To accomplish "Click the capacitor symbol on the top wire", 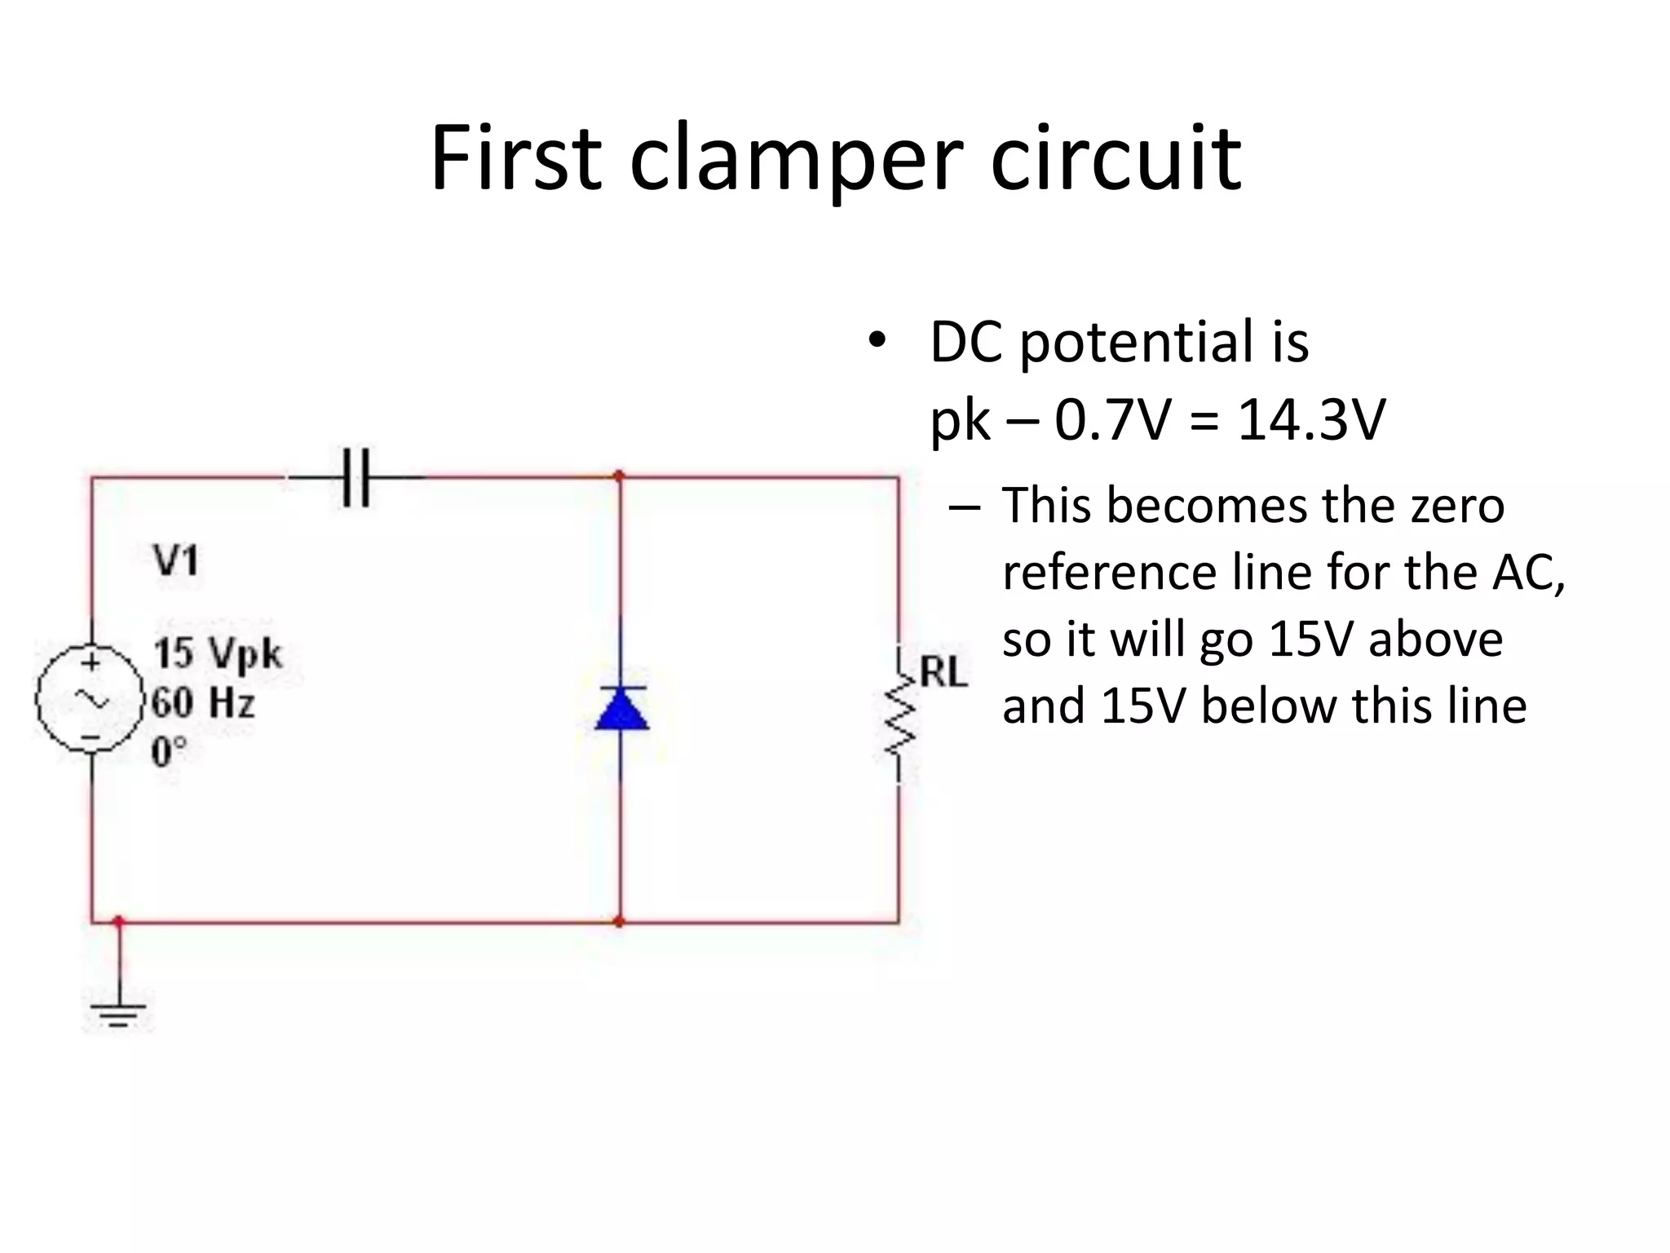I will (356, 477).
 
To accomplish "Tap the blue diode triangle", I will (622, 709).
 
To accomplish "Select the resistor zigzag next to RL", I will (899, 718).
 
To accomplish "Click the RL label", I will (943, 673).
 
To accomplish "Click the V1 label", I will (175, 561).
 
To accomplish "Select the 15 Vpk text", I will (218, 653).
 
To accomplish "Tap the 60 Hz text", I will (204, 702).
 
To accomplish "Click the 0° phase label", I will (169, 751).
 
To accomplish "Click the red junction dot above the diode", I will (619, 476).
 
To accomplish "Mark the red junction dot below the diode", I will (619, 922).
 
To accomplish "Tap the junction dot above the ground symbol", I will (119, 922).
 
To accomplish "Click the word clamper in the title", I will (797, 159).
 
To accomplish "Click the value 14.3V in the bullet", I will (1311, 421).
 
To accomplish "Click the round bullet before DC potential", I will (877, 341).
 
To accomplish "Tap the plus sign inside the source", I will (91, 662).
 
